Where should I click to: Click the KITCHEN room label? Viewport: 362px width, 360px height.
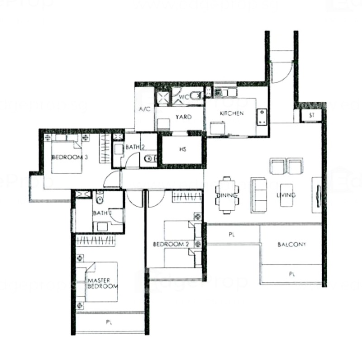pyautogui.click(x=232, y=113)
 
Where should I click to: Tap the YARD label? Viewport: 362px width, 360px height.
pyautogui.click(x=183, y=117)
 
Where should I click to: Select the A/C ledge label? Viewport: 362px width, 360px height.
pyautogui.click(x=144, y=109)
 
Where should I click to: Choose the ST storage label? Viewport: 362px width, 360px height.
pyautogui.click(x=311, y=115)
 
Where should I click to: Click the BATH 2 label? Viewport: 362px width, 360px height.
pyautogui.click(x=135, y=147)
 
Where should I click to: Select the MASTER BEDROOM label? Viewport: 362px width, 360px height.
pyautogui.click(x=103, y=284)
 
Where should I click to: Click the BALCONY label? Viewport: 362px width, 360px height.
pyautogui.click(x=291, y=245)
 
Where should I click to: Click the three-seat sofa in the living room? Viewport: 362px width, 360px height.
pyautogui.click(x=259, y=195)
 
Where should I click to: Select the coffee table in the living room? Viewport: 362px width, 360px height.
pyautogui.click(x=287, y=195)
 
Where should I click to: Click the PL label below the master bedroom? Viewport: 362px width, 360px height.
pyautogui.click(x=109, y=323)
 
